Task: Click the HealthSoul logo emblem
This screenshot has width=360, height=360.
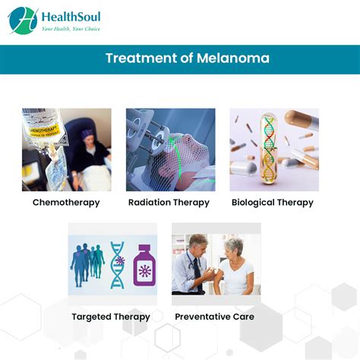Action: tap(23, 21)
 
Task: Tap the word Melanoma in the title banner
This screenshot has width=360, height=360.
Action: tap(233, 58)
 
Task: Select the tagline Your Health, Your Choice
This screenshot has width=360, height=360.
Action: tap(71, 29)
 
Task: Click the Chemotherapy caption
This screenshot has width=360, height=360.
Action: tap(66, 203)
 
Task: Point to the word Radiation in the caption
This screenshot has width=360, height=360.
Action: tap(150, 202)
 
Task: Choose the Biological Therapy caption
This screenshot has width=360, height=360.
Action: tap(273, 203)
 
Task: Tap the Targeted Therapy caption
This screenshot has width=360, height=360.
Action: tap(111, 317)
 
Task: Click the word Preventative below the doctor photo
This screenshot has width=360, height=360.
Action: tap(202, 317)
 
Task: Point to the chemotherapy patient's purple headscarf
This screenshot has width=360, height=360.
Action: tap(87, 134)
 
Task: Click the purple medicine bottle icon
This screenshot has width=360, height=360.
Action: tap(144, 265)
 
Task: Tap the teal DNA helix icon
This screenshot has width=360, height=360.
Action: tap(118, 265)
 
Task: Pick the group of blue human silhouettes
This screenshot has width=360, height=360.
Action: tap(87, 265)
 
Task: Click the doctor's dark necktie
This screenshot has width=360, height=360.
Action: tap(197, 273)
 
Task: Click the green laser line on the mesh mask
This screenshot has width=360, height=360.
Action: tap(177, 158)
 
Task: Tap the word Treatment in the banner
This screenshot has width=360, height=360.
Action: tap(141, 58)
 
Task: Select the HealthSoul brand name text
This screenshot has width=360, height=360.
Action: tap(71, 17)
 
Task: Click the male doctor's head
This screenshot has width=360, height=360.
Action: tap(198, 245)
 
